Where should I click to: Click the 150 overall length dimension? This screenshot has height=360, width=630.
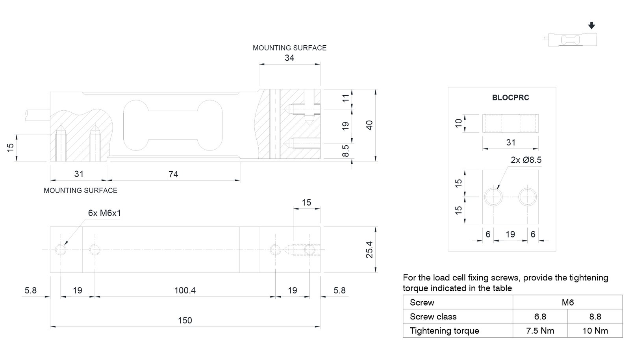tap(185, 320)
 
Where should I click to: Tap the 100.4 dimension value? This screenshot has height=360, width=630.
tap(185, 290)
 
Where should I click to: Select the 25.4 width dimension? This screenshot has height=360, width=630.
tap(369, 249)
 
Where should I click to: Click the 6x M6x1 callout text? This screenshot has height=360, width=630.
tap(104, 213)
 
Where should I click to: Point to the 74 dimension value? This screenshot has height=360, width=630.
tap(173, 174)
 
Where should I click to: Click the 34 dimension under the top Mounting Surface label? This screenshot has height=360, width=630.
tap(289, 58)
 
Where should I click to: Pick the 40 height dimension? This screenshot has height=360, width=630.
tap(369, 125)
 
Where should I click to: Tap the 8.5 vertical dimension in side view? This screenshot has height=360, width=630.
tap(345, 150)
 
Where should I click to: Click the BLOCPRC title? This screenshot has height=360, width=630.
tap(510, 98)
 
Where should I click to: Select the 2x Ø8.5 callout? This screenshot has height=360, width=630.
tap(526, 160)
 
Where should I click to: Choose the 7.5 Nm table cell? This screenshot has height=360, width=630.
tap(540, 331)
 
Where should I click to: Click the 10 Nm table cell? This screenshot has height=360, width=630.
tap(595, 331)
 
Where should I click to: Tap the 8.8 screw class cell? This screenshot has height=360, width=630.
tap(595, 317)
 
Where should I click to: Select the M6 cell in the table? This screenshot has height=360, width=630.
tap(567, 302)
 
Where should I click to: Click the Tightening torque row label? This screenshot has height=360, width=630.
tap(444, 331)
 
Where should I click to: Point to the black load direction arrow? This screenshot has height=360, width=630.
tap(591, 26)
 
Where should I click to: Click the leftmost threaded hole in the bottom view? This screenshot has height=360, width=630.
tap(61, 250)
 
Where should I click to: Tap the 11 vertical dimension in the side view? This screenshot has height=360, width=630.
tap(345, 98)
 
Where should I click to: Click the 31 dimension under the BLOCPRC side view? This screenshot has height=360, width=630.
tap(510, 143)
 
